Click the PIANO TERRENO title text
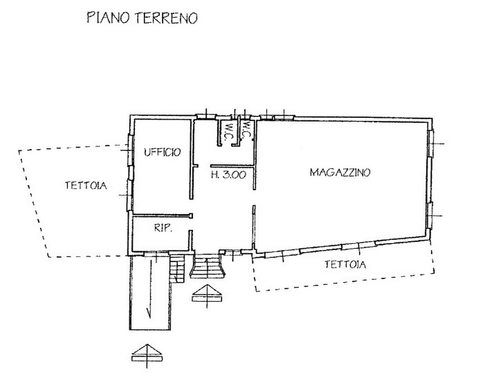[x=142, y=18]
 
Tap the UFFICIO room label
[x=162, y=152]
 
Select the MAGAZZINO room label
[x=340, y=172]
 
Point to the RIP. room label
[x=163, y=228]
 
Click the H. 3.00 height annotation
[x=229, y=175]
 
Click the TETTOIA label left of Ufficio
[x=86, y=186]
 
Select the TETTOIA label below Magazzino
[x=345, y=264]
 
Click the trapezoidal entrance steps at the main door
[x=207, y=266]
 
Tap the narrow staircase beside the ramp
[x=177, y=269]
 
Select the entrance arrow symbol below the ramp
[x=147, y=355]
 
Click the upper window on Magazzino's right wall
[x=431, y=144]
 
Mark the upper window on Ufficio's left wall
[x=130, y=149]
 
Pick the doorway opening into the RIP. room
[x=191, y=224]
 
